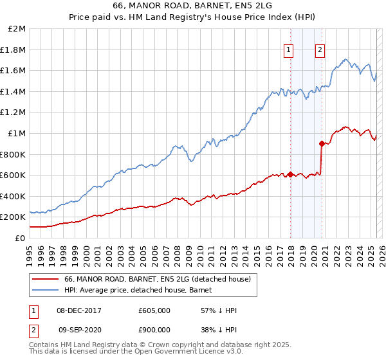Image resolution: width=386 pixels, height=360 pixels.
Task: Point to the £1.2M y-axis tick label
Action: pyautogui.click(x=14, y=112)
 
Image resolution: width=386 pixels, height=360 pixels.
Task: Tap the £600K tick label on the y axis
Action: pyautogui.click(x=14, y=175)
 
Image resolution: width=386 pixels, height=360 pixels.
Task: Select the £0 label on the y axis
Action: pyautogui.click(x=21, y=238)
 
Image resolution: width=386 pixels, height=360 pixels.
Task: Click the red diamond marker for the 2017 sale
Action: pyautogui.click(x=290, y=174)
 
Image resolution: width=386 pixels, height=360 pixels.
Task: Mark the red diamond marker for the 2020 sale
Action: pyautogui.click(x=322, y=143)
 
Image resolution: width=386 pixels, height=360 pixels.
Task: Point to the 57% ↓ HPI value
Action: pyautogui.click(x=219, y=310)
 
